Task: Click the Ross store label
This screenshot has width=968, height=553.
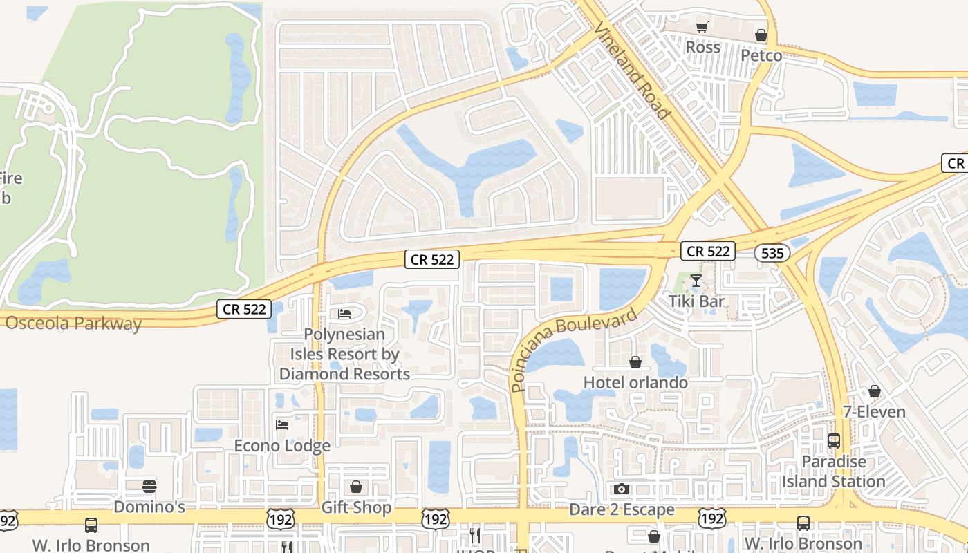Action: click(702, 47)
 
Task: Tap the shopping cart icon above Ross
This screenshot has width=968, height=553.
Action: click(702, 28)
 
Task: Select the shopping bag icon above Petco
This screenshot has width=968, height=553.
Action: click(761, 35)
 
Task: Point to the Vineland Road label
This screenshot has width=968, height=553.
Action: click(632, 69)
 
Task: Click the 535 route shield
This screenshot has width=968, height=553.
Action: click(772, 253)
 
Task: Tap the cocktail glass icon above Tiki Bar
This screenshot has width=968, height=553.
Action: click(696, 281)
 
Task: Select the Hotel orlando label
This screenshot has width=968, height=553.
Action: click(635, 382)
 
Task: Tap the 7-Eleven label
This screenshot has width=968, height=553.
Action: click(874, 412)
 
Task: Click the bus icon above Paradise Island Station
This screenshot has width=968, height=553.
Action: click(834, 441)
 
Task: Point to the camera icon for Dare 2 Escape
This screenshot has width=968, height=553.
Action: click(622, 489)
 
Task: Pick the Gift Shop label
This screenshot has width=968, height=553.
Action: click(356, 507)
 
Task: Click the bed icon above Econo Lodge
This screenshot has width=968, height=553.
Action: click(282, 424)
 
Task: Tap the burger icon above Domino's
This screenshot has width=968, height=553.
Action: click(149, 487)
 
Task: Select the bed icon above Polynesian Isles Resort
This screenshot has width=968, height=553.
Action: click(344, 314)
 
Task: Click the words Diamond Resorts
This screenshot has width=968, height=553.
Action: click(344, 374)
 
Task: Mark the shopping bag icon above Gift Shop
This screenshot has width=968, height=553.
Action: click(356, 487)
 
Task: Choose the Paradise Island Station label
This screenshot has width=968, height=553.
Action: click(833, 471)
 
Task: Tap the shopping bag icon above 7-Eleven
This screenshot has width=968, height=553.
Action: click(874, 392)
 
